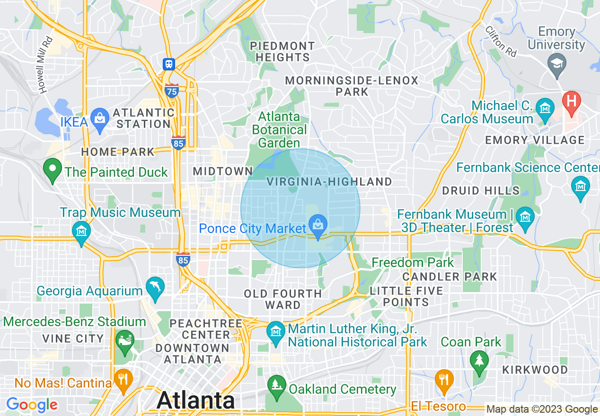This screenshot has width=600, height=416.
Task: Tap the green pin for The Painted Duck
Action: coord(53,170)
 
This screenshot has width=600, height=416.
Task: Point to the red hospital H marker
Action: coord(572,102)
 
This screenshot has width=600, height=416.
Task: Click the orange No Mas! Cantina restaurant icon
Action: coord(123,380)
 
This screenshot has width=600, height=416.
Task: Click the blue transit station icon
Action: coord(168,64)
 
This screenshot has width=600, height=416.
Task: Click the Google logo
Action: coord(32,405)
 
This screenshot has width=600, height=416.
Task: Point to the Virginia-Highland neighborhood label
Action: coord(329,182)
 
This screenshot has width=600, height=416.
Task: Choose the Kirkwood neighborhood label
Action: coord(535,370)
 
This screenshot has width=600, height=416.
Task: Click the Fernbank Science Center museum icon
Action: coord(581,186)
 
